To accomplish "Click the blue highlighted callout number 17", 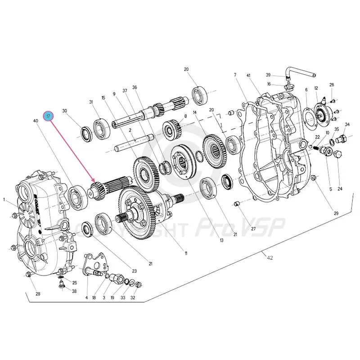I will (x=49, y=116).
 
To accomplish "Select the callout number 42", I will (x=270, y=258).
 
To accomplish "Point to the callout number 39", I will (x=268, y=75).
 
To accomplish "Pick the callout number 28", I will (x=38, y=294).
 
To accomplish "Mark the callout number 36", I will (x=135, y=87).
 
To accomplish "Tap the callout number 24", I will (x=340, y=189).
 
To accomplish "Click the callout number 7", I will (x=235, y=74).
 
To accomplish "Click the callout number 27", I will (x=253, y=229).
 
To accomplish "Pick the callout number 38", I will (x=74, y=291).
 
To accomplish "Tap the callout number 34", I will (x=347, y=124).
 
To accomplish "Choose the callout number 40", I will (x=36, y=121).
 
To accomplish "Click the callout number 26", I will (x=332, y=85).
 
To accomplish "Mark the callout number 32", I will (x=133, y=297).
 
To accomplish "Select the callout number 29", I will (x=336, y=213).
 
